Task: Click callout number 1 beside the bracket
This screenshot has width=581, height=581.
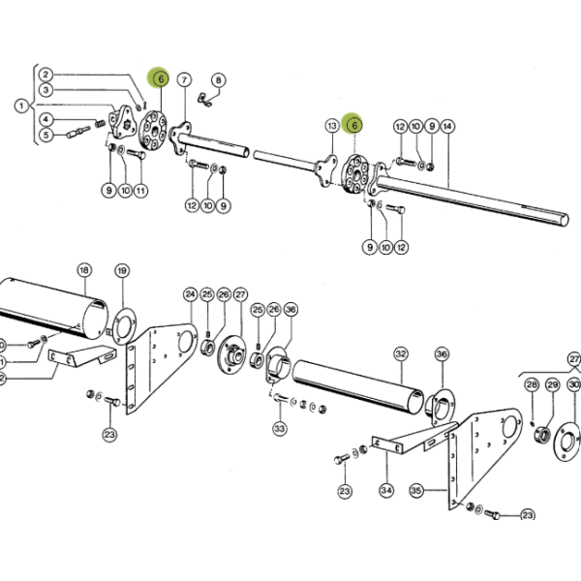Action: pos(21,106)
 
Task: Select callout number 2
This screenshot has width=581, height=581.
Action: pos(46,75)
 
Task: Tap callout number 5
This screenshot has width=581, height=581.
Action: pos(46,135)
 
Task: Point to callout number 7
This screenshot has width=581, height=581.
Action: pos(185,79)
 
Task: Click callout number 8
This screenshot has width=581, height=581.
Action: pos(218,80)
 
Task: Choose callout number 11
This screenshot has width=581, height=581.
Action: pos(140,191)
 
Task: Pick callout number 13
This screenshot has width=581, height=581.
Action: pos(332,126)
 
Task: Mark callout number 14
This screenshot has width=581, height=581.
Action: pos(447,127)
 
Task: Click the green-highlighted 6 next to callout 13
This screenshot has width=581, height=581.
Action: pos(354,125)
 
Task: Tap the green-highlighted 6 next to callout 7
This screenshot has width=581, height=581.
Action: pos(161,79)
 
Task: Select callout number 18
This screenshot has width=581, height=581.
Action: pos(84,270)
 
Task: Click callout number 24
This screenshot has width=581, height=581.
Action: pos(190,294)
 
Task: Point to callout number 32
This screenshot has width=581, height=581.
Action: pos(401,354)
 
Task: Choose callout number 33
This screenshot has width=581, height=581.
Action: pos(280,429)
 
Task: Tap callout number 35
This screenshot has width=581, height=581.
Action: pos(415,491)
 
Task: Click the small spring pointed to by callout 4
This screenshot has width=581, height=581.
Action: pos(100,123)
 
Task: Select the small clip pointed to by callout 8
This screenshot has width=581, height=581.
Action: pos(204,100)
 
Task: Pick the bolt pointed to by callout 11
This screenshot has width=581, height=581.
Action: pos(137,154)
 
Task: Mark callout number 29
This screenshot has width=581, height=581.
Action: pos(553,385)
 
